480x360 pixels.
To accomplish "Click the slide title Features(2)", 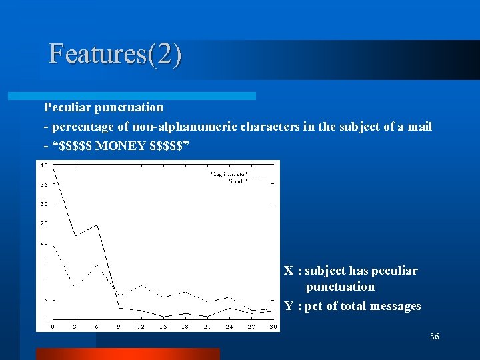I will tap(115, 54).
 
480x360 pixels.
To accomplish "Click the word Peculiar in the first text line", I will tap(66, 107).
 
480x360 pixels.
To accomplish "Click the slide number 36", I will tap(435, 337).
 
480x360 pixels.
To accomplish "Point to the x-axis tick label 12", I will tap(141, 327).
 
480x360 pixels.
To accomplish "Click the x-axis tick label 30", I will tap(273, 327).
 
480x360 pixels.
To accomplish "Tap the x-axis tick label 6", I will tap(97, 327).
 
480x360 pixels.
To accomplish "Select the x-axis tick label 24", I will tap(229, 327).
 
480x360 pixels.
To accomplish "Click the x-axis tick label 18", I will tap(185, 327).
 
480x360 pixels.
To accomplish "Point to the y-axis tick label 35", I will tap(43, 184).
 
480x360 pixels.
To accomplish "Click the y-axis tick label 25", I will tap(43, 223).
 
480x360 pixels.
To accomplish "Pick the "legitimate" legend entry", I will tap(229, 174).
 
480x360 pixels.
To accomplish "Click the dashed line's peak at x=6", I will tap(97, 225).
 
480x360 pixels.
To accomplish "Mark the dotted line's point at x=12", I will tap(141, 285).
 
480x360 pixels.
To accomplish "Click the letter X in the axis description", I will tap(289, 271).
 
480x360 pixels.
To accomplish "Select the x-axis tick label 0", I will tap(53, 327).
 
